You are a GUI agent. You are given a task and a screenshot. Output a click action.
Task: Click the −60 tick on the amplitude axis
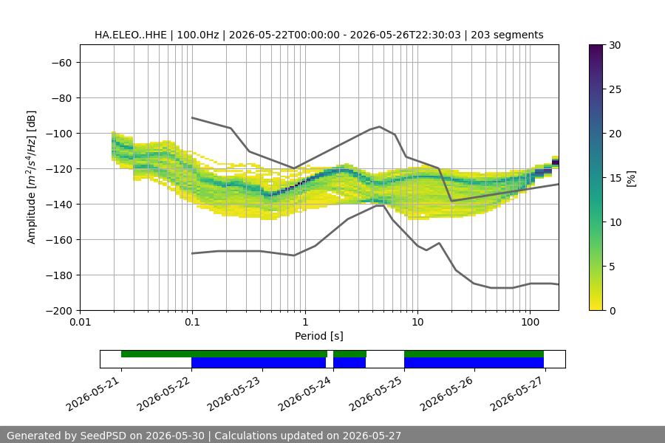pos(61,63)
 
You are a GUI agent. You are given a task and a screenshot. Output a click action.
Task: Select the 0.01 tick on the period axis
pos(80,322)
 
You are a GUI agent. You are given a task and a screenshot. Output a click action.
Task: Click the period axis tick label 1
pos(305,322)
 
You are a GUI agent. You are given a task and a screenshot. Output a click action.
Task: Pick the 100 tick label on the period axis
pos(530,322)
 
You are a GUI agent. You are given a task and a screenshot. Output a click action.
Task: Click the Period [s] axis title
pos(319,336)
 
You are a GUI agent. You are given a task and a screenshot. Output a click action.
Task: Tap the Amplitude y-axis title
pos(31,177)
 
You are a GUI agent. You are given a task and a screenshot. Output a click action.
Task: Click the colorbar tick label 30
pos(615,45)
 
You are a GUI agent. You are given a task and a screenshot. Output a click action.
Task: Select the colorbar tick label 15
pos(615,178)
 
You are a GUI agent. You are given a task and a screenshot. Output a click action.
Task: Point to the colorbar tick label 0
pos(612,311)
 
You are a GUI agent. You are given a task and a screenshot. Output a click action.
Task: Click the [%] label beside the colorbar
pos(632,179)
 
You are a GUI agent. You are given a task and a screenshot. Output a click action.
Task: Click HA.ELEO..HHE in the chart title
pos(131,35)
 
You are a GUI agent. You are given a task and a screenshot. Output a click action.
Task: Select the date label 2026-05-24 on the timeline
pos(305,394)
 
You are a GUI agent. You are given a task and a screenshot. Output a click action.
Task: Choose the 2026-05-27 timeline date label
pos(517,394)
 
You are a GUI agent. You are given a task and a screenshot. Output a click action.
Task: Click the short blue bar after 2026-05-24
pos(349,363)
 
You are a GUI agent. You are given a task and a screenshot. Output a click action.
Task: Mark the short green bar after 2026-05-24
pos(350,354)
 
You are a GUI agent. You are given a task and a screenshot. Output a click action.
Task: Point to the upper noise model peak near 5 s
pos(380,126)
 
